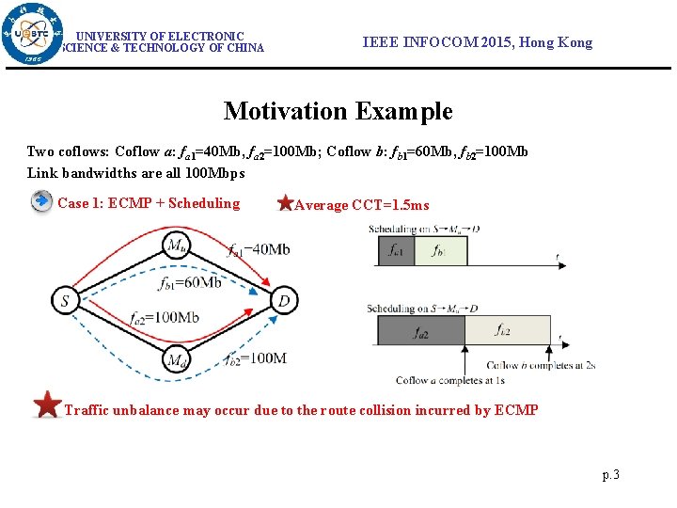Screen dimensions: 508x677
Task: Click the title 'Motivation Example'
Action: pos(338,111)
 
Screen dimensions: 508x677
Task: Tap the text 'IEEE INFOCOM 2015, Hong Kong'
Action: pos(478,42)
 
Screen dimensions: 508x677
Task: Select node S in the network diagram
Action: pos(65,301)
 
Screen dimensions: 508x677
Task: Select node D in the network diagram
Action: pos(284,301)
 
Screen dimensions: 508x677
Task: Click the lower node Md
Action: pos(175,358)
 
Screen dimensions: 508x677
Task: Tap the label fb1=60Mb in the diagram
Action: pos(191,282)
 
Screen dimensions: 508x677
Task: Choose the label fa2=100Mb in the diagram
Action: pos(165,318)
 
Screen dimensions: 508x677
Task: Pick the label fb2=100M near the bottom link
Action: pos(255,357)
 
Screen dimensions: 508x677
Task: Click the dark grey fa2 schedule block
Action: pos(421,331)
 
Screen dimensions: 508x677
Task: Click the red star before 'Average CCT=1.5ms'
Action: pos(286,203)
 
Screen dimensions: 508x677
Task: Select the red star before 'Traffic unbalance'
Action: pos(47,405)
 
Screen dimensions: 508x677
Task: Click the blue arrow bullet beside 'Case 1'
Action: pos(41,202)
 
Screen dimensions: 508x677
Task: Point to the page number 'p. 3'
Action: pos(610,475)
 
